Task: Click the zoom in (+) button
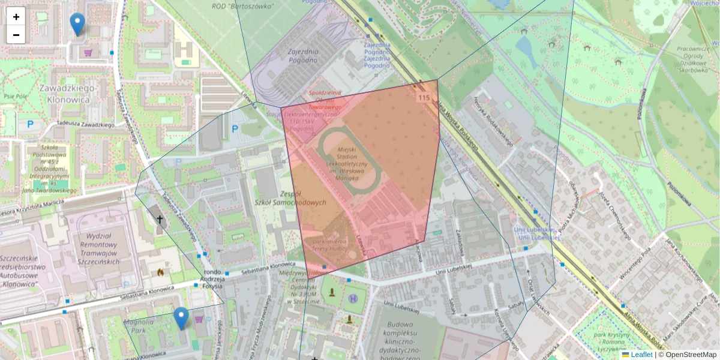tap(16, 17)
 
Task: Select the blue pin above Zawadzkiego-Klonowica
tap(77, 24)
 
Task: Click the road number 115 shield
tap(424, 97)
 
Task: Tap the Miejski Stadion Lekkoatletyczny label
tap(348, 163)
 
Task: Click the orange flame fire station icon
tap(160, 272)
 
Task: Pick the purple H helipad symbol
tap(353, 298)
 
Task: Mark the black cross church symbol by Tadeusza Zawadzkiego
tap(160, 220)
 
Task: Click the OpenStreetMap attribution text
tap(690, 355)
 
